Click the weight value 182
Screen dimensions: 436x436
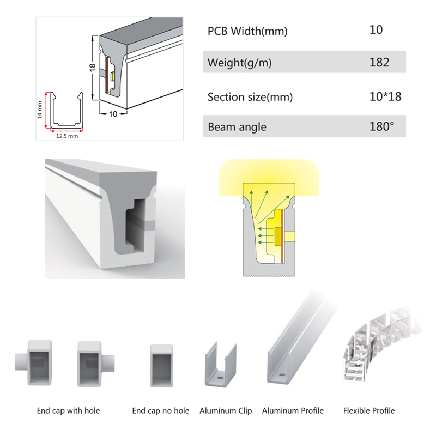(x=379, y=62)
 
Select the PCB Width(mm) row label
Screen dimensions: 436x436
(x=247, y=31)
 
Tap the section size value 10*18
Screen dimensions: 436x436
(x=385, y=96)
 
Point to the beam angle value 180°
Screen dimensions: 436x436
(x=382, y=126)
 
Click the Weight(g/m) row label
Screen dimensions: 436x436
(x=239, y=63)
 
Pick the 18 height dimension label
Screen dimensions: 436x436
(x=92, y=67)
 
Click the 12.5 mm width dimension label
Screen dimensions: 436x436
(x=67, y=136)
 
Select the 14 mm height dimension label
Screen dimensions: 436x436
(x=40, y=110)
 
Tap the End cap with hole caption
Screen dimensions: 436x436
(x=68, y=410)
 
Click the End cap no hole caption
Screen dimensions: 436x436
(x=160, y=410)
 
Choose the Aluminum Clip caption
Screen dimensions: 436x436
(x=226, y=411)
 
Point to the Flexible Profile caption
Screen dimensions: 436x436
(x=369, y=410)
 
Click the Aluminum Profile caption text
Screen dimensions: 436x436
(x=293, y=410)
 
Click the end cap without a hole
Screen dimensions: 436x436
(x=161, y=366)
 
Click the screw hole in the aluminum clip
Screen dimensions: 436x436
(x=221, y=378)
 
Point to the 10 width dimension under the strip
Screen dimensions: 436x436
(x=113, y=114)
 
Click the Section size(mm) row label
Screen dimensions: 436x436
(x=250, y=97)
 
